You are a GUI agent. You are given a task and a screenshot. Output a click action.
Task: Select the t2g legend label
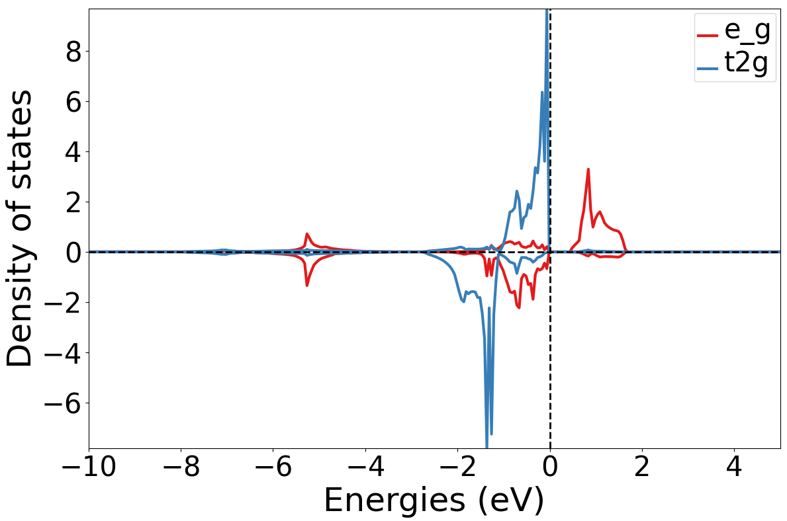(x=750, y=65)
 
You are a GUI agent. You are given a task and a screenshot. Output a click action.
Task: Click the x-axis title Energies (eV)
(x=434, y=501)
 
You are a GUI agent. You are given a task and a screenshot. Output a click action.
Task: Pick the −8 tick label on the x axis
(x=181, y=466)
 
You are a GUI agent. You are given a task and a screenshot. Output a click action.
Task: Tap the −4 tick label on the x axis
(x=365, y=466)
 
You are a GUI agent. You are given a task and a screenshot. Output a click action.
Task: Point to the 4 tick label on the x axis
(x=733, y=466)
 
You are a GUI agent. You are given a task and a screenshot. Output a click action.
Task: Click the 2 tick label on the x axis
(x=641, y=466)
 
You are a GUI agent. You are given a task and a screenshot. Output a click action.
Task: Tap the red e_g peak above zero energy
(x=588, y=170)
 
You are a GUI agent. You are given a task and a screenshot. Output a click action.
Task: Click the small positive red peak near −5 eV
(x=307, y=234)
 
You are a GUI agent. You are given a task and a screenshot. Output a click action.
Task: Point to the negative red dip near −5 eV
(x=307, y=284)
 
